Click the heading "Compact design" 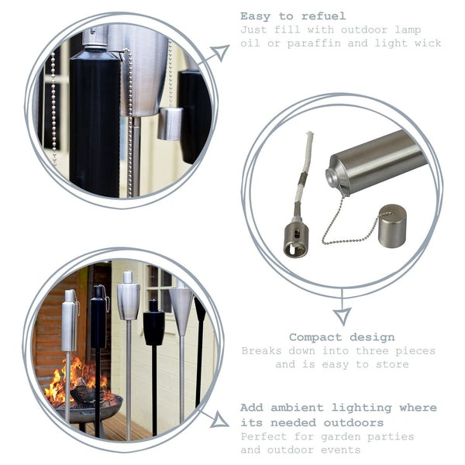[x=342, y=338]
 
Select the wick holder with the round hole [x=296, y=237]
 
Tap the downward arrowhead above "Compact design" [x=342, y=315]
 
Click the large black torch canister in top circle [x=95, y=124]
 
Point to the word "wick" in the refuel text [x=427, y=43]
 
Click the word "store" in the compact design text [x=392, y=364]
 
